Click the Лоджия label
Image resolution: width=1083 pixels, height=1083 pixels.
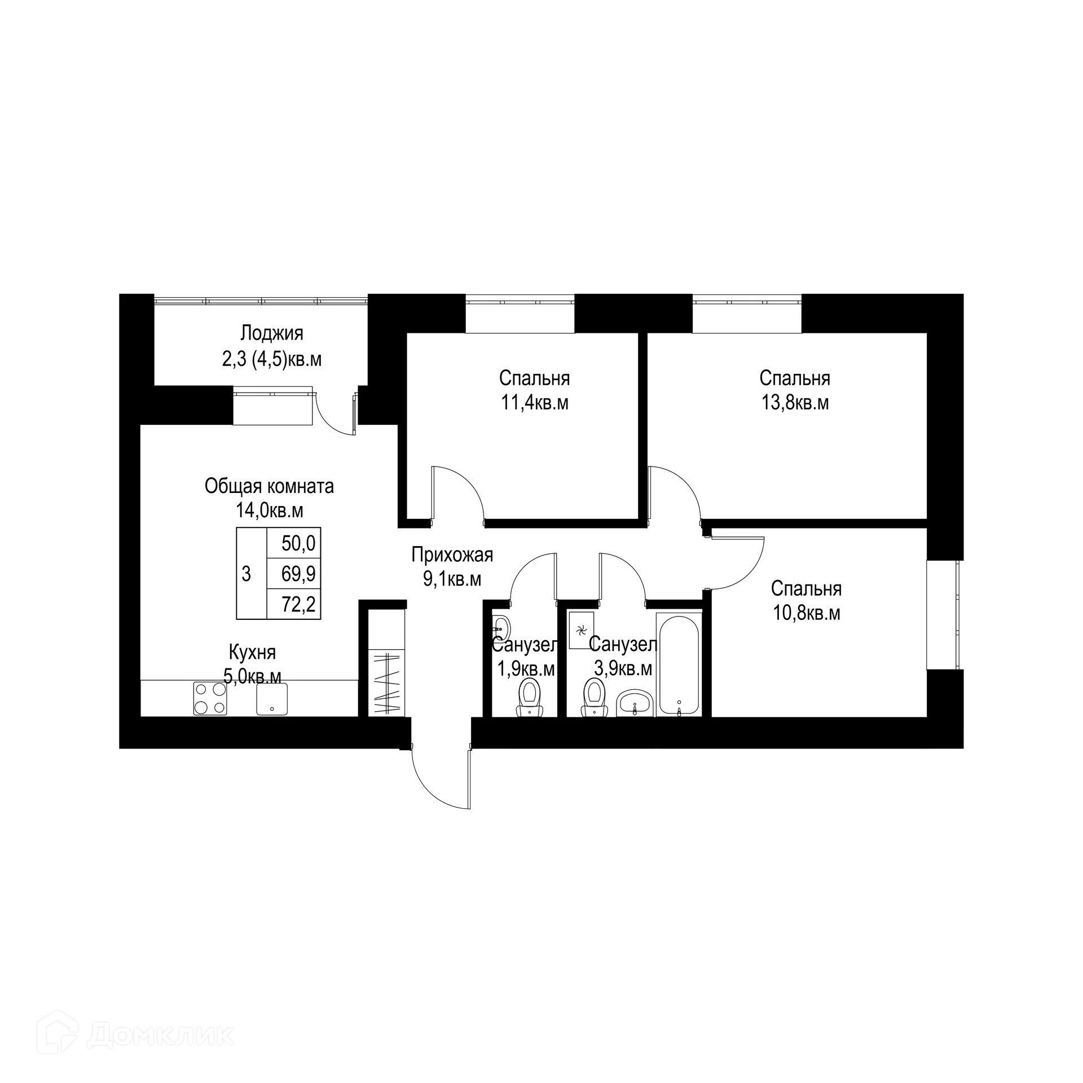271,333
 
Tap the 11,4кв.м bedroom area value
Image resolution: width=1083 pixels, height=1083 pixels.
534,403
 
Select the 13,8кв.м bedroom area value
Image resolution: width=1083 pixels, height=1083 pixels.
795,403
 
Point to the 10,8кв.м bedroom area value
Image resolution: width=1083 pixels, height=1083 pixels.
806,613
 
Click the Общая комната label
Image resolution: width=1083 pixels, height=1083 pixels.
269,486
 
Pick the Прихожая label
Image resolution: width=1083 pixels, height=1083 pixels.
452,554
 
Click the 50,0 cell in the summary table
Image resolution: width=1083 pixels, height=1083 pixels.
298,544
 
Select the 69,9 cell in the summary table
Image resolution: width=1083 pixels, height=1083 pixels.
298,575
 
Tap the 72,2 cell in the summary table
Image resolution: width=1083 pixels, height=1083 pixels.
298,605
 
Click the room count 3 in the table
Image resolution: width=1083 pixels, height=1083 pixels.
246,575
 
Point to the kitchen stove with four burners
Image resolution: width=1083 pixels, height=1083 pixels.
210,698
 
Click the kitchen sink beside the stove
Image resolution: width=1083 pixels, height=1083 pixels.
272,699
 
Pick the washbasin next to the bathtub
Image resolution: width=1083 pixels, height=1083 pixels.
635,703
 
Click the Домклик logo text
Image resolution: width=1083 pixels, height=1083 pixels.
161,1002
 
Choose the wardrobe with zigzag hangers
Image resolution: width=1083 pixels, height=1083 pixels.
387,683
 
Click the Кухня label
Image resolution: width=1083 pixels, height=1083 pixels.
252,653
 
